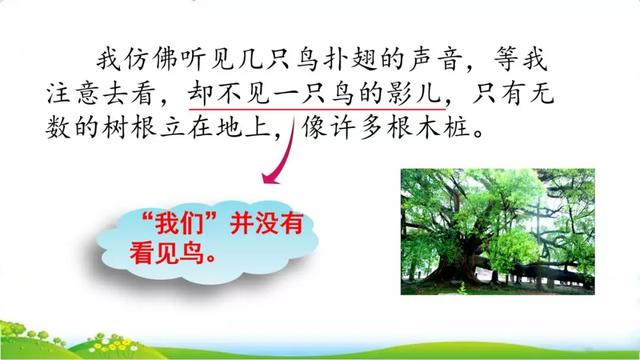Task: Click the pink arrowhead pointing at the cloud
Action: point(271,177)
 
